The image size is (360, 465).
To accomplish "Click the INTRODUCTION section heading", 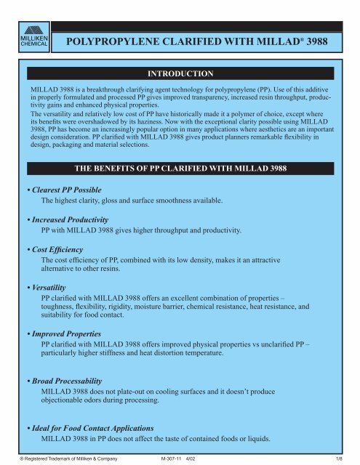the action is click(x=180, y=74).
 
